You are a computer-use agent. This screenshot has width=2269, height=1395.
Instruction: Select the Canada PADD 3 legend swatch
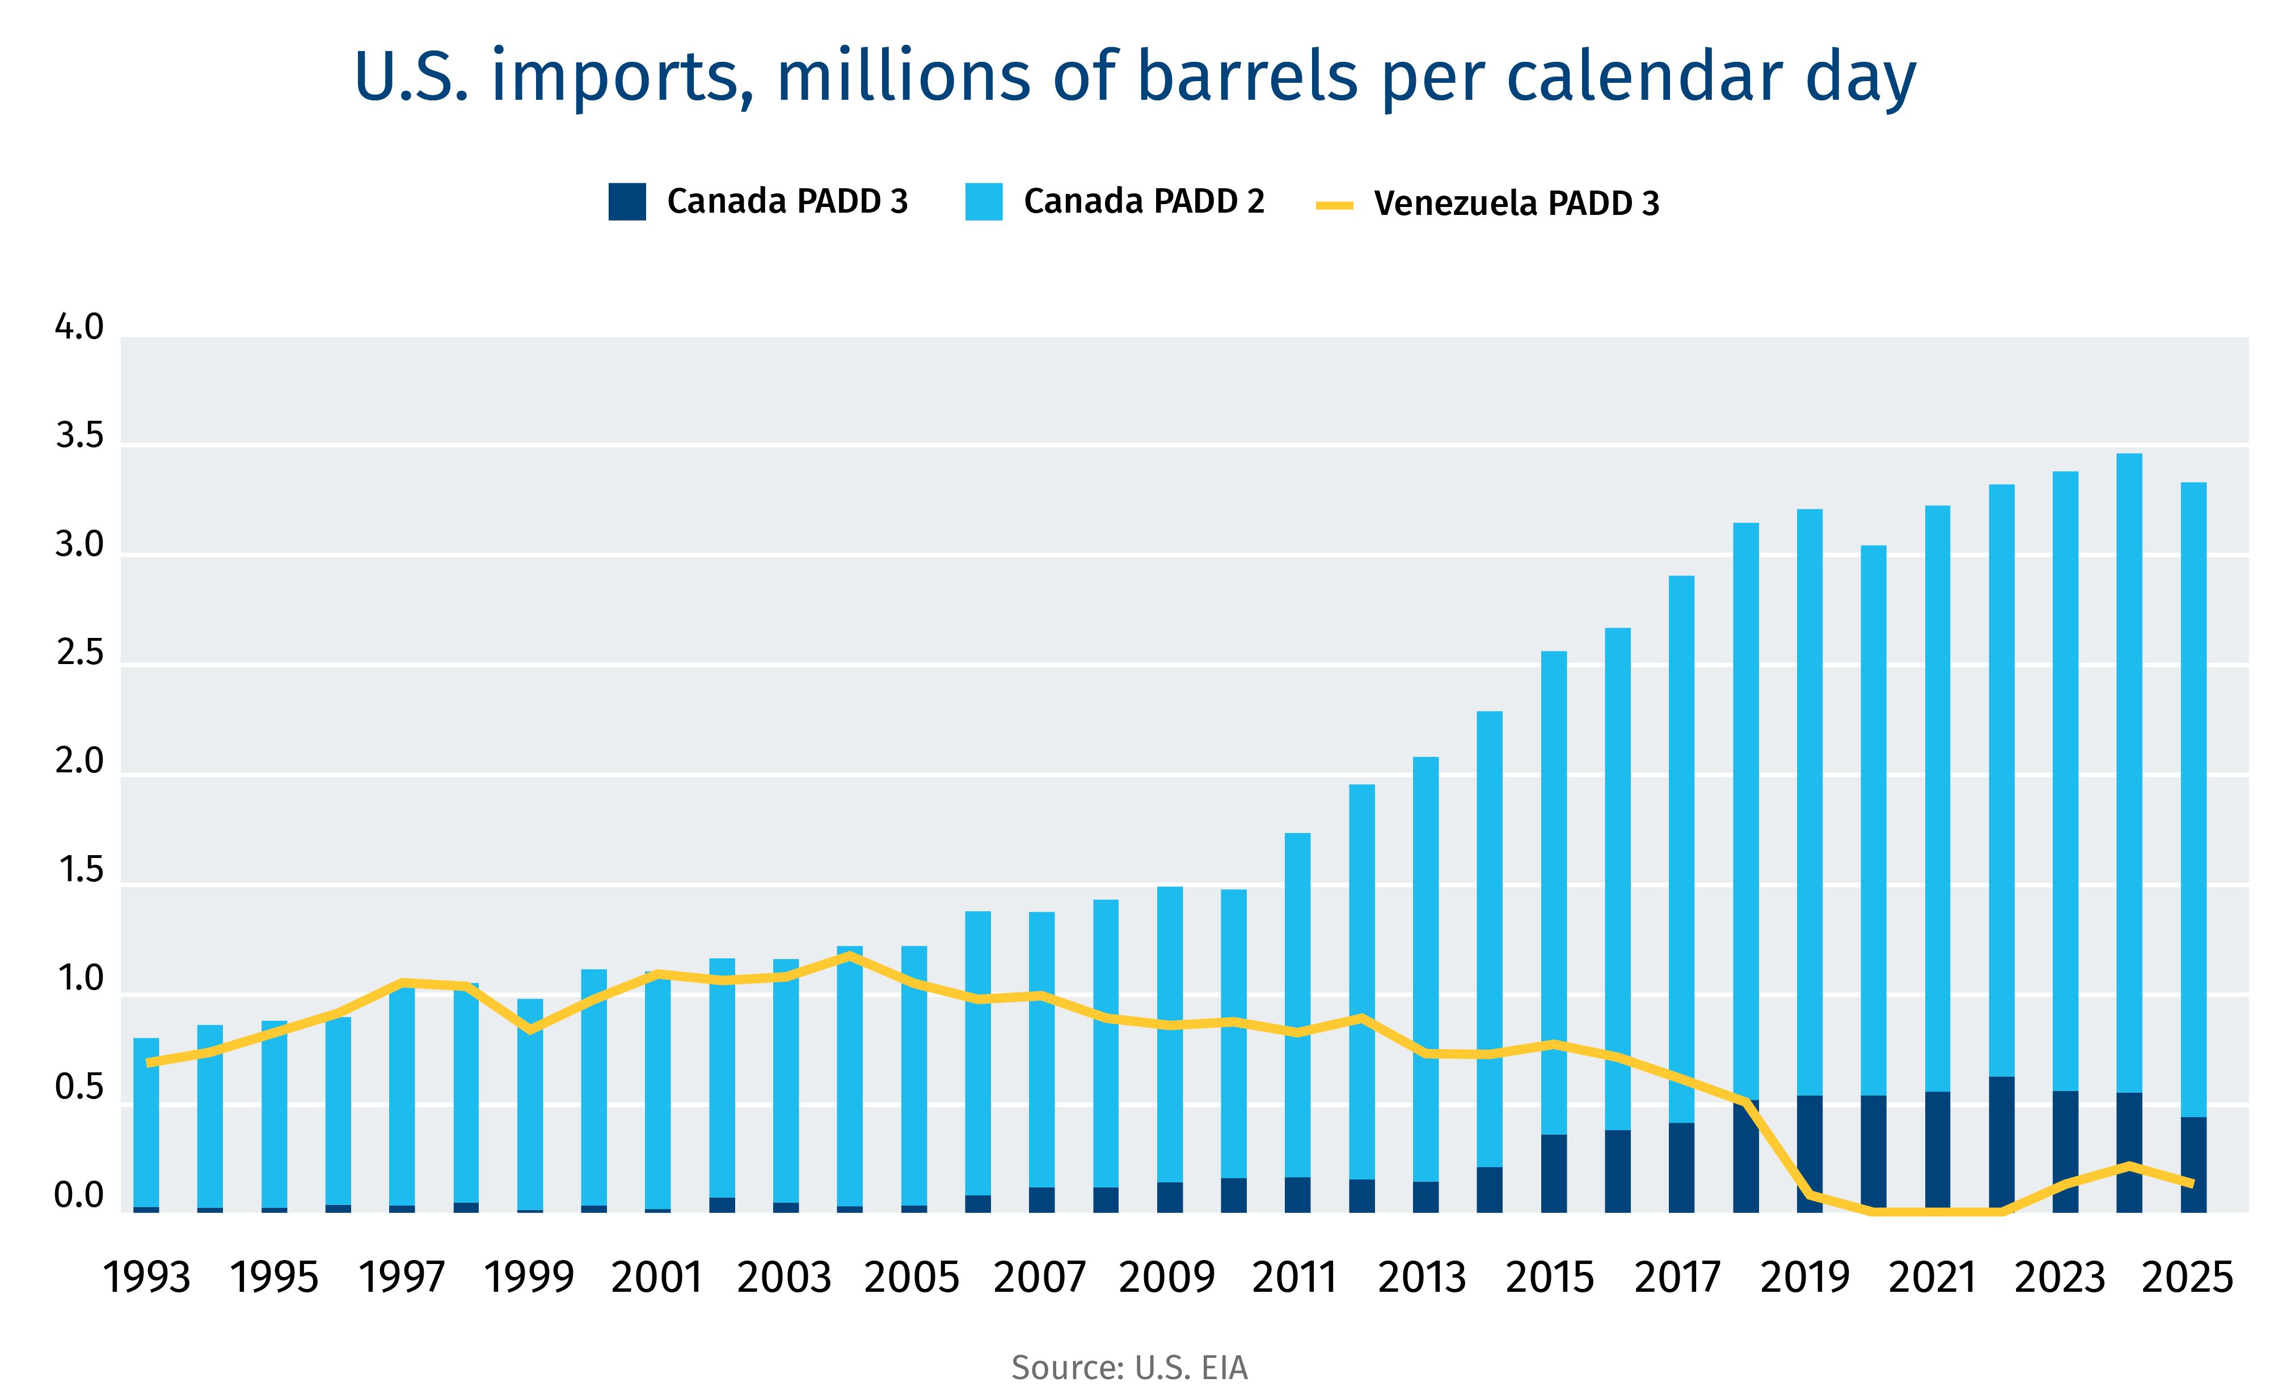(627, 202)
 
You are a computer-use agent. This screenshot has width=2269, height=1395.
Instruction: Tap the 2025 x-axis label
(2186, 1278)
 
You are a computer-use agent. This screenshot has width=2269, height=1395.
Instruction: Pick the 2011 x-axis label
(1294, 1278)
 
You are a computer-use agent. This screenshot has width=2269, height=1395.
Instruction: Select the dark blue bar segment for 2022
(2001, 1144)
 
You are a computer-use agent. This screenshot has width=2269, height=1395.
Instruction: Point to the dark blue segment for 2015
(1554, 1174)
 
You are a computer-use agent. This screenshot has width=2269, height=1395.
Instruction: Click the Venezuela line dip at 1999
(530, 1030)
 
